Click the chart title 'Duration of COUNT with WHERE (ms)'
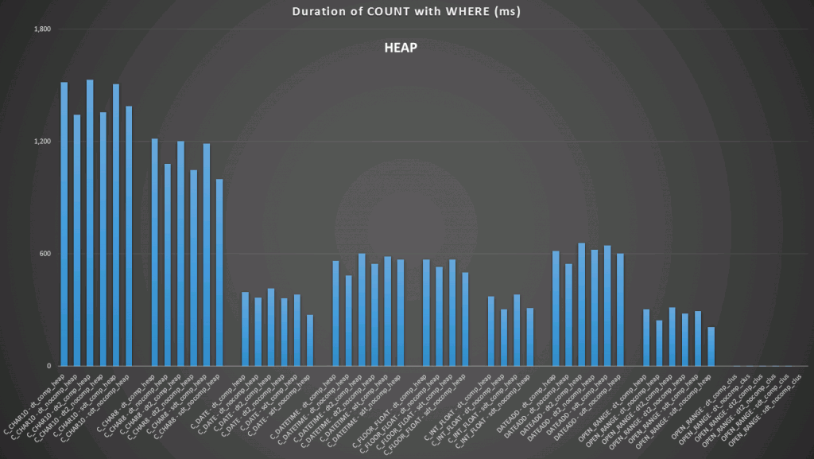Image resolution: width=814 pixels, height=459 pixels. click(406, 11)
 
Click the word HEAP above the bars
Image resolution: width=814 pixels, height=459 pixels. click(400, 48)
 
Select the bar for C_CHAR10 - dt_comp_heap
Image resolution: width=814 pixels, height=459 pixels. click(64, 224)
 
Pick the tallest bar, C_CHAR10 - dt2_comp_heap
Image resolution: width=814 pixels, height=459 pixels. click(90, 223)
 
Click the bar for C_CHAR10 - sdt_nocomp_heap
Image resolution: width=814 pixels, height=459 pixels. click(129, 236)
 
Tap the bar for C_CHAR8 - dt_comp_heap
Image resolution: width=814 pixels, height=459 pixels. click(155, 252)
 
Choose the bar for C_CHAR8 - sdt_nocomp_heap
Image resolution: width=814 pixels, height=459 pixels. click(219, 273)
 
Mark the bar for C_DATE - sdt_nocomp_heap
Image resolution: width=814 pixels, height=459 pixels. click(310, 340)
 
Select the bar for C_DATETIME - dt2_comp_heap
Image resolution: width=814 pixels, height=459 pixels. click(362, 310)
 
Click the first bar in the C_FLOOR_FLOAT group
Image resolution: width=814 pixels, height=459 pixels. click(426, 313)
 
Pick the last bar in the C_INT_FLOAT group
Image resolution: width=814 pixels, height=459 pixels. click(530, 337)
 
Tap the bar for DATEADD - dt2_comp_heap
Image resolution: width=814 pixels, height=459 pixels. click(581, 305)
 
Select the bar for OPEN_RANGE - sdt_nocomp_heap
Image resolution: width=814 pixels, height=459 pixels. click(711, 347)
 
